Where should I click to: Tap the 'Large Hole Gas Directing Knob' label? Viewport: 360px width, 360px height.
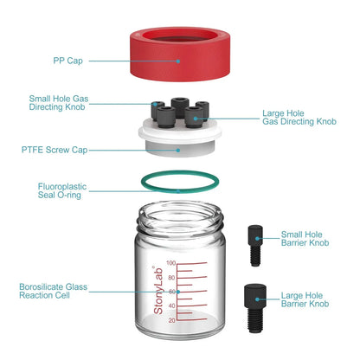pos(299,118)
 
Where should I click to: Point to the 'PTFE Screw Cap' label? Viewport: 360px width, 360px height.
pos(53,150)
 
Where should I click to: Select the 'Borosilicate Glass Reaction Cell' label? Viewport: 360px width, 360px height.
pos(54,291)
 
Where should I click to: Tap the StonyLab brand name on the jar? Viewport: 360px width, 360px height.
pos(157,289)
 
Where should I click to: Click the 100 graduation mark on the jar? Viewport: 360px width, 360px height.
pos(171,263)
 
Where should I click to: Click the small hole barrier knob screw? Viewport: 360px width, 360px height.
pos(254,245)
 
